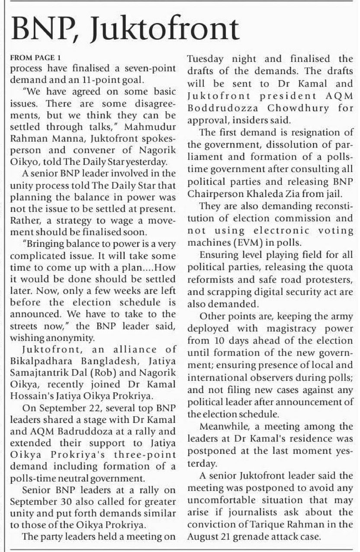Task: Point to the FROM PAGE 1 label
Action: pyautogui.click(x=32, y=58)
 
